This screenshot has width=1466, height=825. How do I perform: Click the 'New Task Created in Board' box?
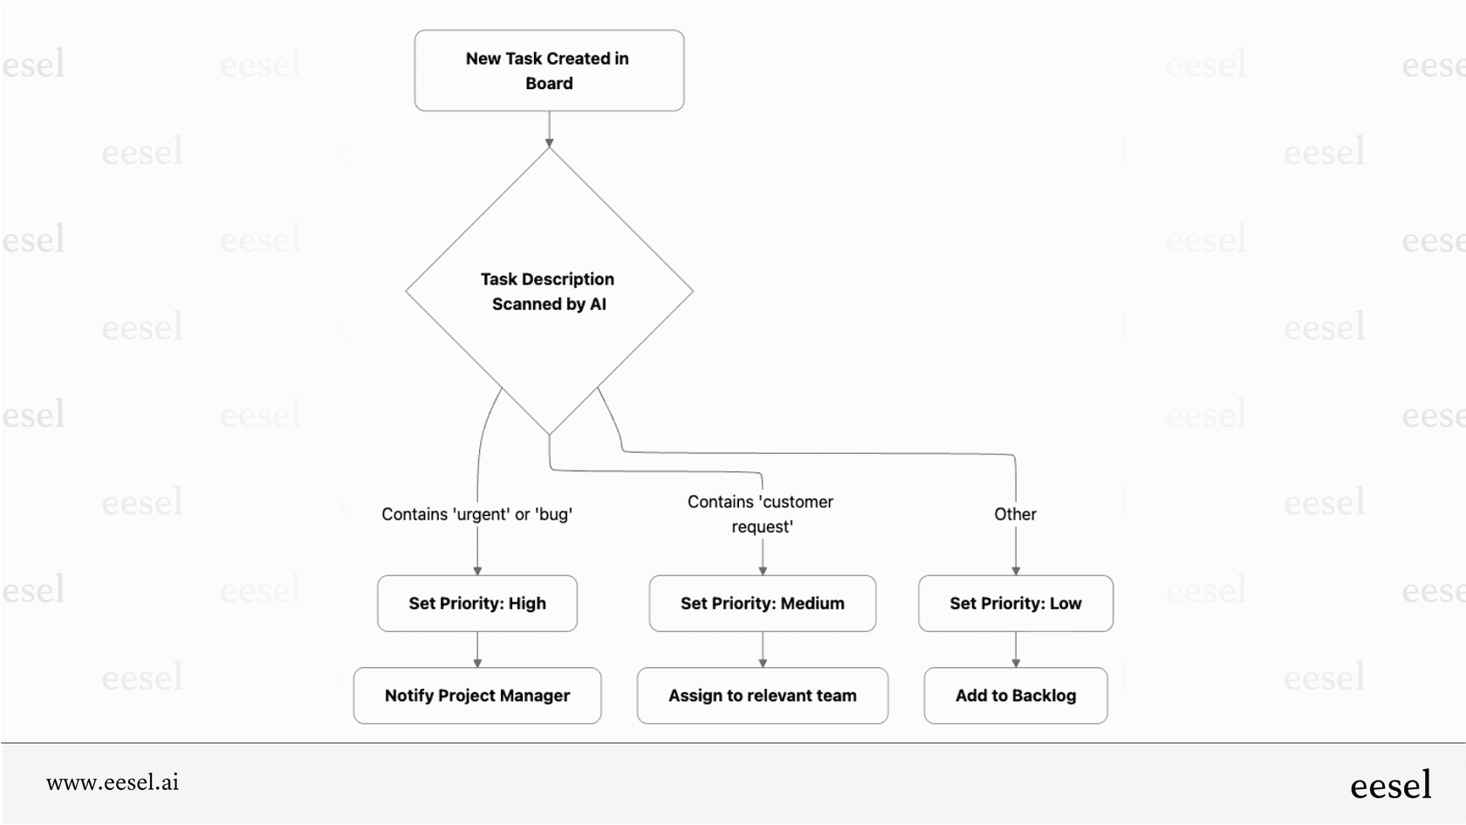[549, 71]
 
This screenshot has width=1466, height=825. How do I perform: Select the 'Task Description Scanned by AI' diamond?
[549, 292]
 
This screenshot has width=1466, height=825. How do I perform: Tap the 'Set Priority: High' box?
[477, 603]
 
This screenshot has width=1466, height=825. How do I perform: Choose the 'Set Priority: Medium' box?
[762, 603]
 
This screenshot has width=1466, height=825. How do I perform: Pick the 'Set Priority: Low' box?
[1016, 603]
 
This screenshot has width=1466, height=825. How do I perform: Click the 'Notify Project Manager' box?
[477, 696]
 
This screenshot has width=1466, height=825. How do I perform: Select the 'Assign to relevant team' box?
[762, 696]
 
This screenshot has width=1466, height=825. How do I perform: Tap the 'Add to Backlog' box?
[1016, 696]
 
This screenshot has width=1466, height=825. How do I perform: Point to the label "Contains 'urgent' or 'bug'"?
[476, 514]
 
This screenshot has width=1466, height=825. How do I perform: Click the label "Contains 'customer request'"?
[761, 514]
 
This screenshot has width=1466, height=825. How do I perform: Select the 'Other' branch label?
[1015, 514]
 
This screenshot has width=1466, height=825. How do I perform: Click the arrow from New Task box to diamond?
[549, 129]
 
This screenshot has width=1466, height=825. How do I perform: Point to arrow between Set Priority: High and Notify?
[477, 650]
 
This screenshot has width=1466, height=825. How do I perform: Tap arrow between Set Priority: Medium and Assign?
[763, 650]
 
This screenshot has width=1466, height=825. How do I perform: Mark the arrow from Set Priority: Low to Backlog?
[1016, 650]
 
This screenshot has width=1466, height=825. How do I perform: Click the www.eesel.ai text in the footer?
[113, 782]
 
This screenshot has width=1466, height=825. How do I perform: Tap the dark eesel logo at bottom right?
[1390, 785]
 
